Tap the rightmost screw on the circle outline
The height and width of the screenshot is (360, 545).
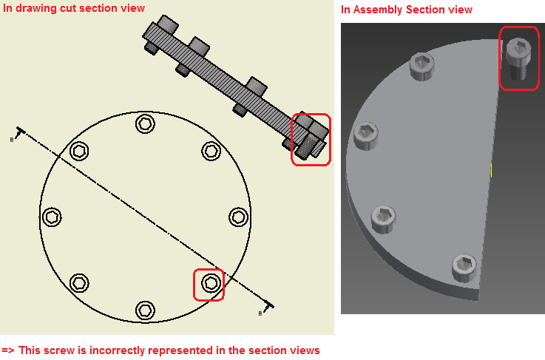(x=238, y=217)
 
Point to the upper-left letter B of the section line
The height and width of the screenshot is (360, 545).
(x=12, y=138)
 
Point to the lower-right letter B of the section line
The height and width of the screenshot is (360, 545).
(x=260, y=313)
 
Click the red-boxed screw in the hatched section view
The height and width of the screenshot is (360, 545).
(x=310, y=140)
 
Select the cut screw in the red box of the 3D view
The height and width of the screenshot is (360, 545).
(x=519, y=59)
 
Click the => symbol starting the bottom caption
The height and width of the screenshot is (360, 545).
(x=8, y=350)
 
